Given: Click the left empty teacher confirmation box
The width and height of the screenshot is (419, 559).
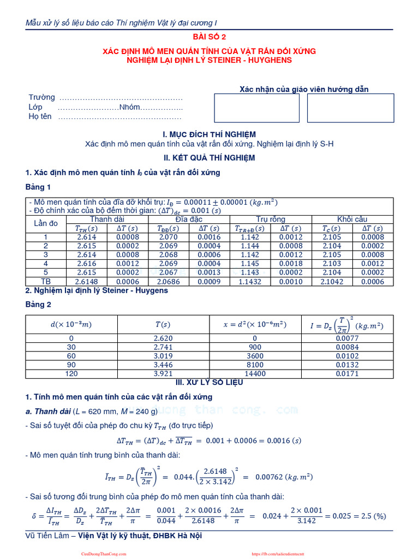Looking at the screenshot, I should (x=256, y=108).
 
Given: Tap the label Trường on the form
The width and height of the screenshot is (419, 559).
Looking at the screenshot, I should (x=42, y=97).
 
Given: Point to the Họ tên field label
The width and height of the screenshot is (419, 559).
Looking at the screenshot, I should (x=40, y=116).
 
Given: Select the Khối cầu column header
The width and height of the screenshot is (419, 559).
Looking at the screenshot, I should (x=352, y=219).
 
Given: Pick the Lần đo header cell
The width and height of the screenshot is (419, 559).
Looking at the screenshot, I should (x=46, y=223).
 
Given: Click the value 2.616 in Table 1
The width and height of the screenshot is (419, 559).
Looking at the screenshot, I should (x=87, y=264).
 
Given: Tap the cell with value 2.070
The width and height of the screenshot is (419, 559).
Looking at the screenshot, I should (x=169, y=237).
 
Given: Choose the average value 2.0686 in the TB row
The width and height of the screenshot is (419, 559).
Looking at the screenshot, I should (x=169, y=281).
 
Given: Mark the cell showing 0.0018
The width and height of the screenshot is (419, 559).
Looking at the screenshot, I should (x=291, y=264).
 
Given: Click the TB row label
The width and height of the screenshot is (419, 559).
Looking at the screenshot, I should (x=46, y=281).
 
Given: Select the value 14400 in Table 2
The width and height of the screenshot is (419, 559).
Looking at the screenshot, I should (x=255, y=373).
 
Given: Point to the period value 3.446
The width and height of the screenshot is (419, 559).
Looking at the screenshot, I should (x=163, y=365).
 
